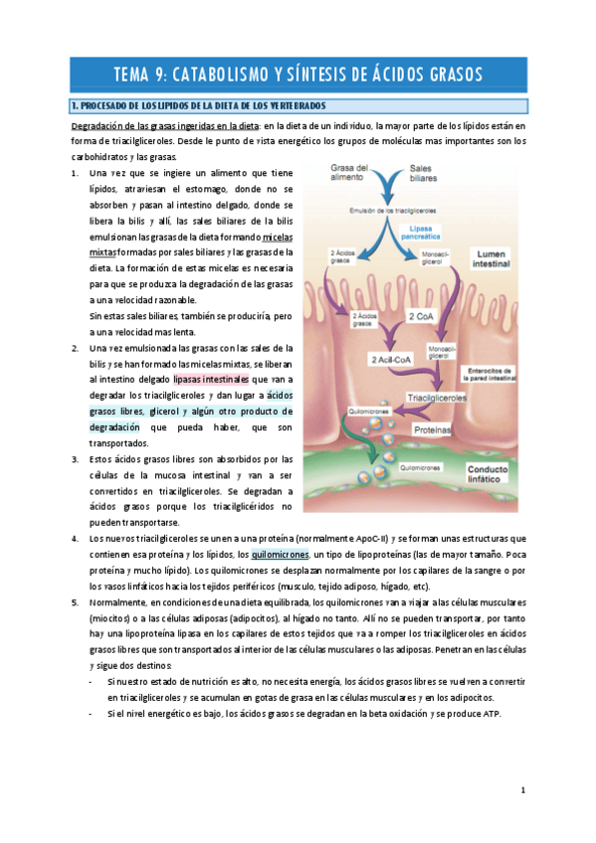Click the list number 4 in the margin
pos(76,539)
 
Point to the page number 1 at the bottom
pos(522,791)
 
